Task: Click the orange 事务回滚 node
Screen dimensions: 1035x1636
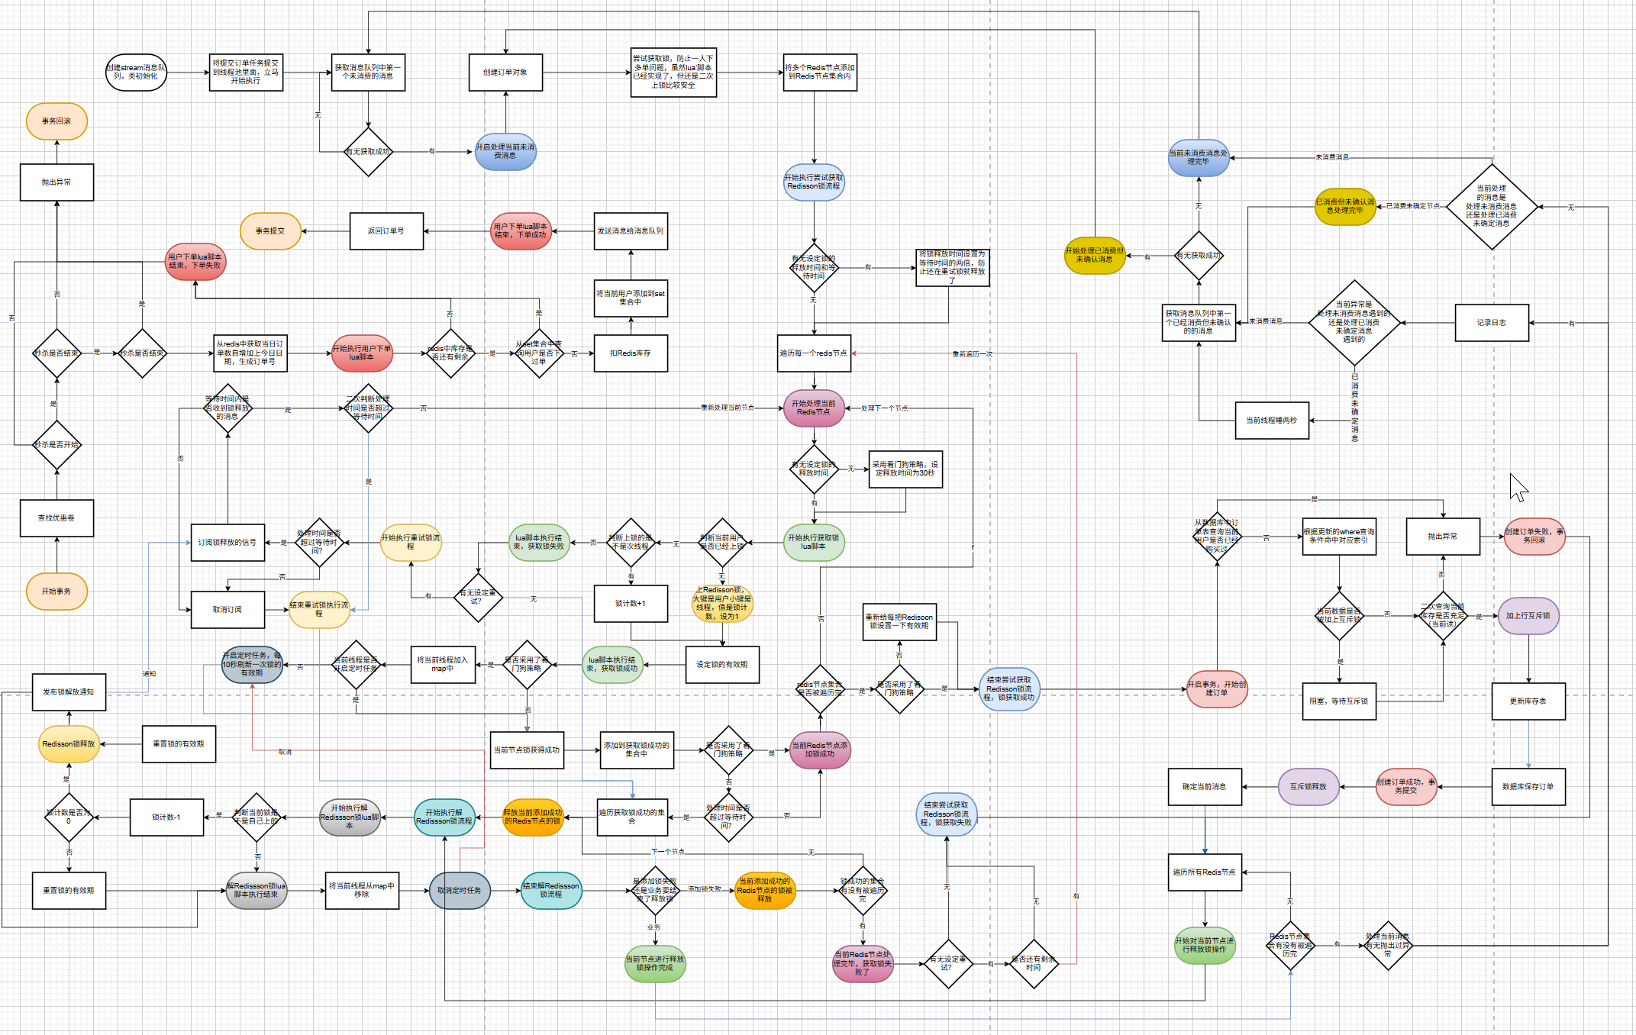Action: pyautogui.click(x=56, y=121)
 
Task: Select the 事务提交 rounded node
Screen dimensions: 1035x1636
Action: pyautogui.click(x=270, y=231)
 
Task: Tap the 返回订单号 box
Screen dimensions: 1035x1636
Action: pyautogui.click(x=386, y=231)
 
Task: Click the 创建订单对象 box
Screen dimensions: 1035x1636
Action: pyautogui.click(x=505, y=73)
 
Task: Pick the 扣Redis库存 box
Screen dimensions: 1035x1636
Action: pyautogui.click(x=631, y=353)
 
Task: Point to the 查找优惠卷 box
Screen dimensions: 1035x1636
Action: pyautogui.click(x=56, y=518)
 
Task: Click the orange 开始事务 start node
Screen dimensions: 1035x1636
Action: pyautogui.click(x=56, y=592)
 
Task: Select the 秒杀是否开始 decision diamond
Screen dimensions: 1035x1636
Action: pyautogui.click(x=56, y=445)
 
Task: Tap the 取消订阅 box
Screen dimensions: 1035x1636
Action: pyautogui.click(x=227, y=610)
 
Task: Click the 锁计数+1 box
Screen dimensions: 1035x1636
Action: pyautogui.click(x=631, y=604)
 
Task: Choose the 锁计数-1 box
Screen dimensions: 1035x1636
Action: pyautogui.click(x=166, y=817)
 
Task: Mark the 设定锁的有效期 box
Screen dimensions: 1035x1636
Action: pyautogui.click(x=722, y=665)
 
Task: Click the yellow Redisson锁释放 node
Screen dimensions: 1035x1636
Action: pyautogui.click(x=69, y=744)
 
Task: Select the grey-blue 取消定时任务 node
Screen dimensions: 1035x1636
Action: pyautogui.click(x=460, y=891)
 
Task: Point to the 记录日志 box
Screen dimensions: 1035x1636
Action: pyautogui.click(x=1492, y=323)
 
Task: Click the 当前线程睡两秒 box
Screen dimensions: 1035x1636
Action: pyautogui.click(x=1272, y=421)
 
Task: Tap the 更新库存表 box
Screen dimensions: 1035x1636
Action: pyautogui.click(x=1528, y=701)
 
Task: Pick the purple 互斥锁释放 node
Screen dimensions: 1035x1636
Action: pyautogui.click(x=1308, y=787)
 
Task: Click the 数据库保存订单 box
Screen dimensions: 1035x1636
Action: pyautogui.click(x=1528, y=787)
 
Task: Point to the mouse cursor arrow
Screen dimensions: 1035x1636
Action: pyautogui.click(x=1518, y=487)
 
